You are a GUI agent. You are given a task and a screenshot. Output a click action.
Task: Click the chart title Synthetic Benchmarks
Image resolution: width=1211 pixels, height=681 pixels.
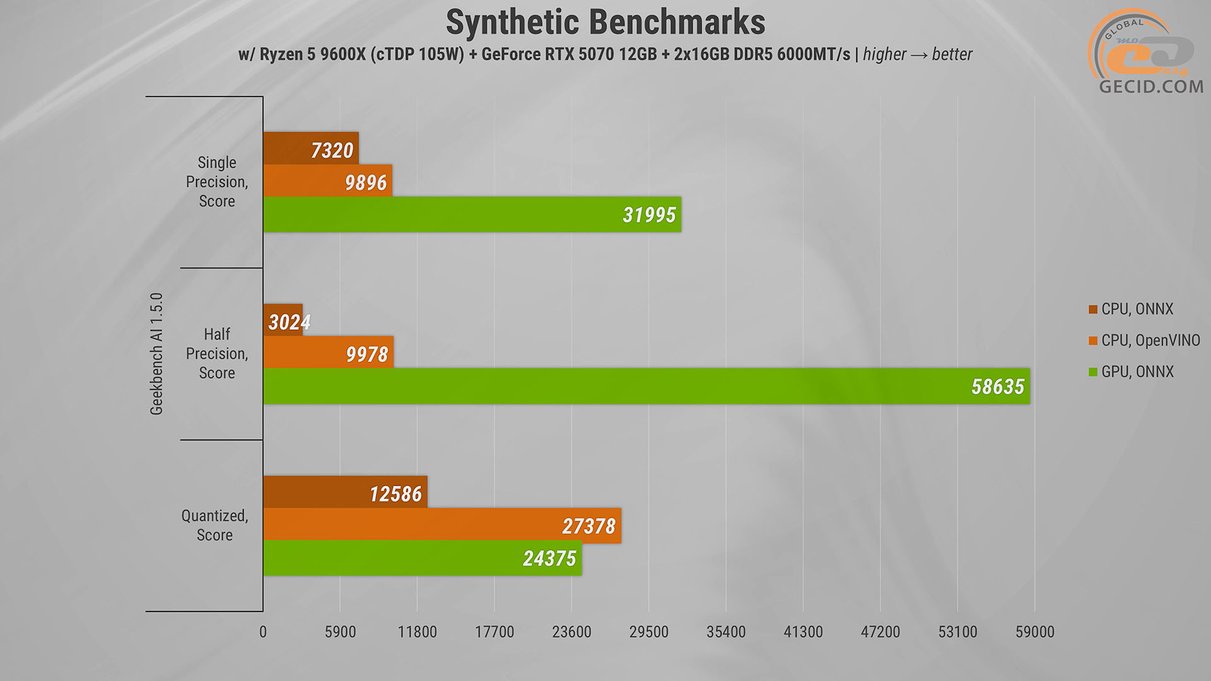(x=605, y=23)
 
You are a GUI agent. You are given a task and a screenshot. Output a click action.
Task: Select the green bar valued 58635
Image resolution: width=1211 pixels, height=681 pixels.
(x=646, y=386)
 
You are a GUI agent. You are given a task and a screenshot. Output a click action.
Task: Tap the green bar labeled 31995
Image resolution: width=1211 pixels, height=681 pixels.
(x=472, y=214)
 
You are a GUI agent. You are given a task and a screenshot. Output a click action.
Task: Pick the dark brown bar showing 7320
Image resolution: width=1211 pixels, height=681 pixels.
(x=310, y=149)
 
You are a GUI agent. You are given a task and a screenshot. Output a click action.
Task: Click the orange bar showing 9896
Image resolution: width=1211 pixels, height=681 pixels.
(x=327, y=181)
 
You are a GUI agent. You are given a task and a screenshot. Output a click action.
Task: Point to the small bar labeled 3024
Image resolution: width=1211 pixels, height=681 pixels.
(x=283, y=320)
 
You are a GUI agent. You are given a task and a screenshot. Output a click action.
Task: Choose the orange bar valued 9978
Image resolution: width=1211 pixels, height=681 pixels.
(x=328, y=352)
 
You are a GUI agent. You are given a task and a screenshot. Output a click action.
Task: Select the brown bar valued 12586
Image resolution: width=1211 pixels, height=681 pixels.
(x=345, y=492)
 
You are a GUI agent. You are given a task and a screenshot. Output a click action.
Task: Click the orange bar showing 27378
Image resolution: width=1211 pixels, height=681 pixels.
(x=442, y=525)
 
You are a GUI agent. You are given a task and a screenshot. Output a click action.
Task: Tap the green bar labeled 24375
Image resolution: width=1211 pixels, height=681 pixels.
(x=422, y=558)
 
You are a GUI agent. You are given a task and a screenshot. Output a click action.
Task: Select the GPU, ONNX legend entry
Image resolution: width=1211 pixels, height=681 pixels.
(x=1137, y=372)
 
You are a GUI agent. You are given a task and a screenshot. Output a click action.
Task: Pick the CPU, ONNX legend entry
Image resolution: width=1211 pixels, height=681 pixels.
(x=1137, y=309)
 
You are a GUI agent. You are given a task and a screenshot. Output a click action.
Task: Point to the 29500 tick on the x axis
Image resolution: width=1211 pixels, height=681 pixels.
(x=648, y=632)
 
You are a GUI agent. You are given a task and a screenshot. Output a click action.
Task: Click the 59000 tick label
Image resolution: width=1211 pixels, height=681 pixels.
(x=1034, y=632)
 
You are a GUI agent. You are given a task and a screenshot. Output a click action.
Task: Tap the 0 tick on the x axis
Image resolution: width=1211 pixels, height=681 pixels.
(x=263, y=632)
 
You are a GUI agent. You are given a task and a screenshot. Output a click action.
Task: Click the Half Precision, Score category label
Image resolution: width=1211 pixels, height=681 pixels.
(x=217, y=353)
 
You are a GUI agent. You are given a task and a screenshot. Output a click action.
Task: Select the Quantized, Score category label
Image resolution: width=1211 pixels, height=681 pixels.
(x=214, y=525)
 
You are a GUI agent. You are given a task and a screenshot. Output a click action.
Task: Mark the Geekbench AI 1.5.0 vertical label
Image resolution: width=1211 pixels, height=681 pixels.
(x=156, y=354)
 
